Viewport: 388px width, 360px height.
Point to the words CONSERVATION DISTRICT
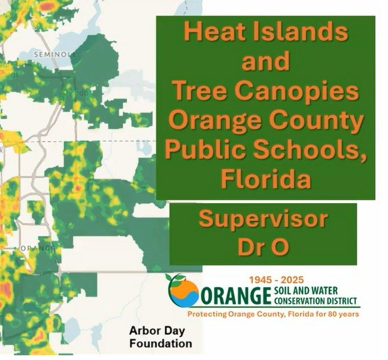tap(315, 301)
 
